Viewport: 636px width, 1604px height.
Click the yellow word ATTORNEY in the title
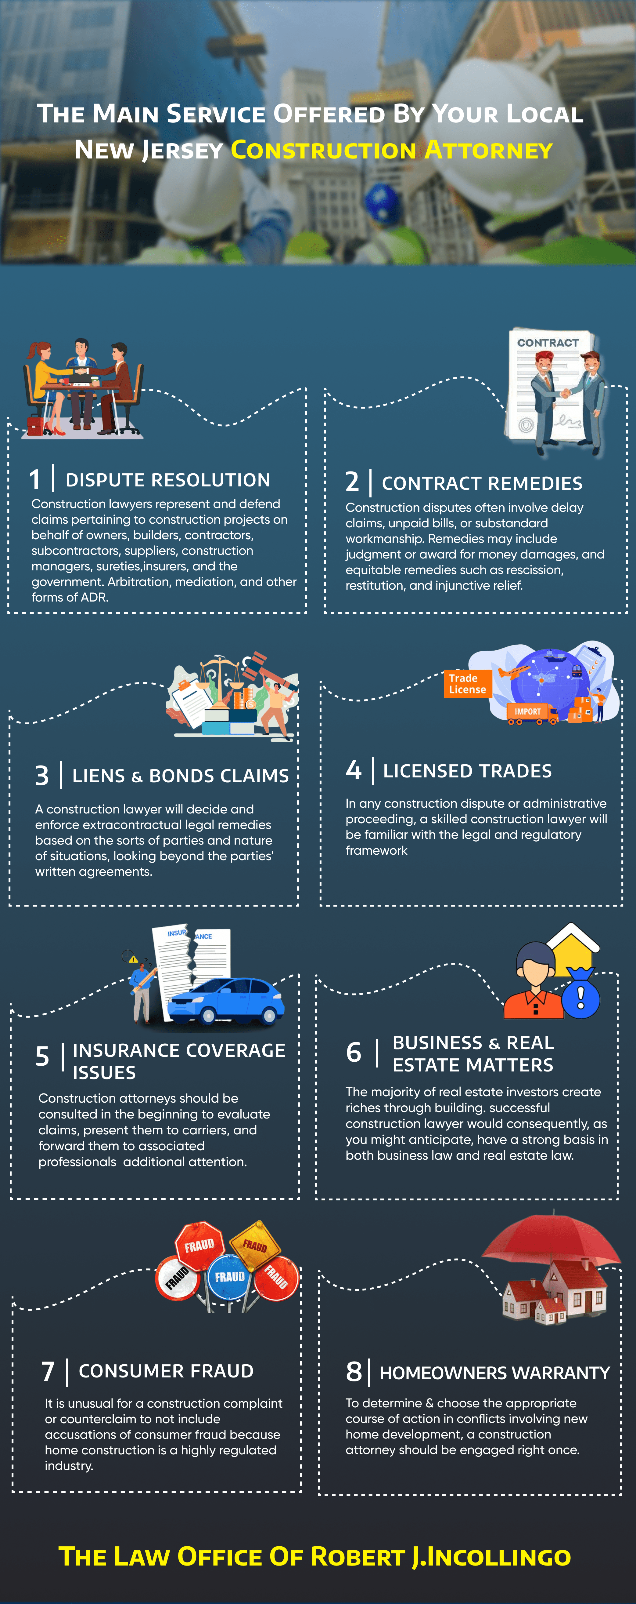[488, 150]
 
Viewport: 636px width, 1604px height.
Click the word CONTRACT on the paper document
[548, 343]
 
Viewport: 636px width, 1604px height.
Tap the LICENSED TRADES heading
[467, 771]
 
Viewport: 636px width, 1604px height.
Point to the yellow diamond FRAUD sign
[255, 1245]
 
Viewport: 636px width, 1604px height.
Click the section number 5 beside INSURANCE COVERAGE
[42, 1057]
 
